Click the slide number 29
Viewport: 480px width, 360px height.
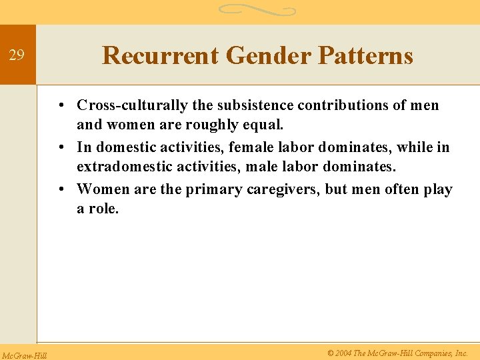17,55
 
